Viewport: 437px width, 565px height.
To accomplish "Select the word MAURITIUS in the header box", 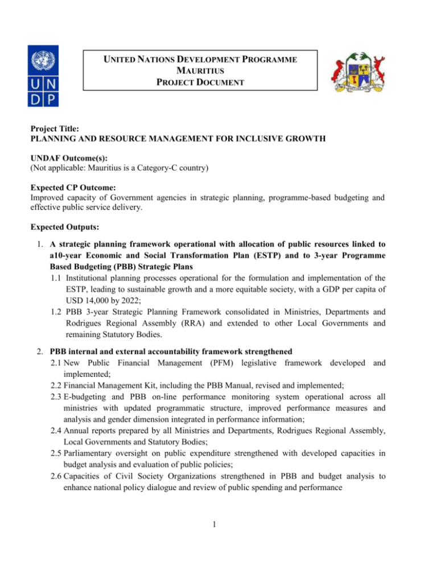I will coord(199,70).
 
